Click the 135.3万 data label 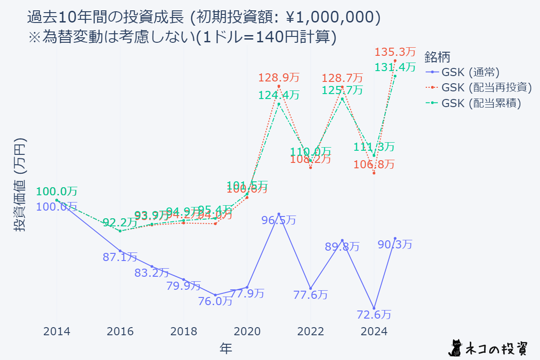coord(395,52)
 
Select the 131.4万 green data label coord(395,67)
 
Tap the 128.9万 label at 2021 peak coord(279,77)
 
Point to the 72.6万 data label coord(373,314)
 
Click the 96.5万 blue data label coord(279,220)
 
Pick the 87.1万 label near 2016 coord(120,257)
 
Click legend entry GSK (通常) coord(470,72)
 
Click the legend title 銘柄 coord(437,57)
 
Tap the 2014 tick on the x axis coord(57,332)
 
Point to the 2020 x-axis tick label coord(247,332)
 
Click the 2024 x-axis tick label coord(373,332)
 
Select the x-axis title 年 coord(226,347)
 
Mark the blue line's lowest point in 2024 coord(373,308)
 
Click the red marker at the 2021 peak coord(279,86)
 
